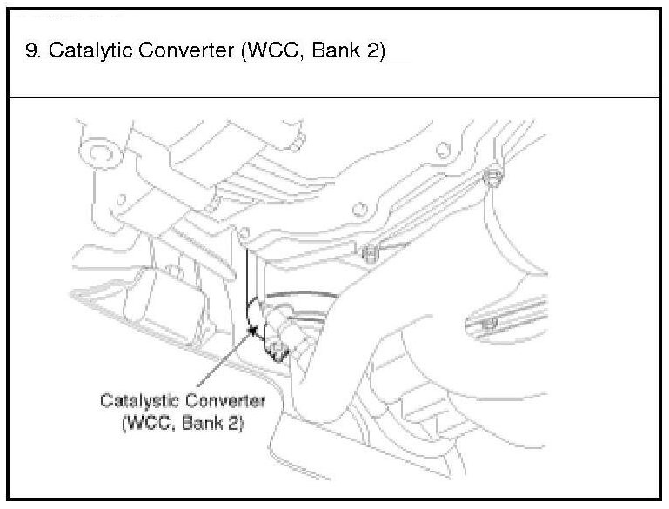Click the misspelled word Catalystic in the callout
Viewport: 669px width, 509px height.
point(137,401)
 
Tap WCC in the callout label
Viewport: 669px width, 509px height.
point(149,425)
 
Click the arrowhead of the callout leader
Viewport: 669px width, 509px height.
point(254,332)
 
